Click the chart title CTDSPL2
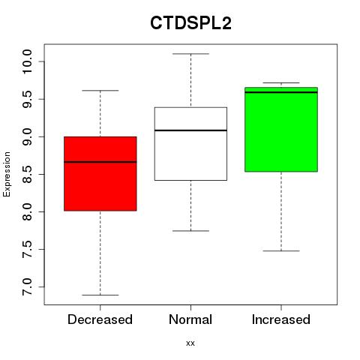pyautogui.click(x=190, y=23)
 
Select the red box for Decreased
pyautogui.click(x=100, y=174)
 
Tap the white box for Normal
pyautogui.click(x=190, y=144)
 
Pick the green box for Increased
pyautogui.click(x=281, y=130)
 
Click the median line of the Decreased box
pyautogui.click(x=100, y=162)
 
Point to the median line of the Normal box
pyautogui.click(x=190, y=130)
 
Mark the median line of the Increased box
pyautogui.click(x=281, y=92)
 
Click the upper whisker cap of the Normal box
pyautogui.click(x=190, y=54)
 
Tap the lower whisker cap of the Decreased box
pyautogui.click(x=100, y=295)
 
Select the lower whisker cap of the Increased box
pyautogui.click(x=281, y=250)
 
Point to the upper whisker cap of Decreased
pyautogui.click(x=100, y=91)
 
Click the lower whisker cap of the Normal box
pyautogui.click(x=190, y=231)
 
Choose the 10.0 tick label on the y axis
pyautogui.click(x=27, y=61)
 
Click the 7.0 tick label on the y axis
pyautogui.click(x=27, y=287)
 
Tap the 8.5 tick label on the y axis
pyautogui.click(x=27, y=174)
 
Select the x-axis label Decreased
pyautogui.click(x=100, y=319)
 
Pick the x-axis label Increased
pyautogui.click(x=281, y=319)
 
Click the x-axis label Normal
pyautogui.click(x=190, y=319)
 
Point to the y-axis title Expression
pyautogui.click(x=7, y=174)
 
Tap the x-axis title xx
pyautogui.click(x=190, y=343)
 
